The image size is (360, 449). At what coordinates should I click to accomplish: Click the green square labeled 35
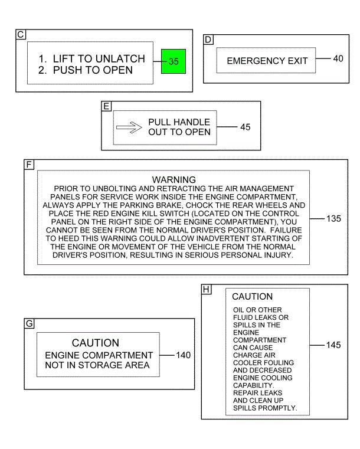click(x=173, y=61)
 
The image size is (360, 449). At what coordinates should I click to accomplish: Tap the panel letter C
click(x=21, y=35)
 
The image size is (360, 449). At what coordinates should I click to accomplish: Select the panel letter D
click(x=208, y=40)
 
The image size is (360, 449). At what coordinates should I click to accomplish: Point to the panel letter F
click(x=28, y=165)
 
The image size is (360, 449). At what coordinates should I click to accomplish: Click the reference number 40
click(x=338, y=58)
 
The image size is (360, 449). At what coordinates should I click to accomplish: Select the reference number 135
click(x=333, y=218)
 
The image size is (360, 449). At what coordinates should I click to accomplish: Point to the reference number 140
click(x=184, y=355)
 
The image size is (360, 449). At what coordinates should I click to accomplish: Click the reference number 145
click(x=333, y=345)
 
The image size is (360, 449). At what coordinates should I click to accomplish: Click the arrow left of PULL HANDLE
click(x=130, y=127)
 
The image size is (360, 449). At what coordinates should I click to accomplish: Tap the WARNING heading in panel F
click(x=174, y=179)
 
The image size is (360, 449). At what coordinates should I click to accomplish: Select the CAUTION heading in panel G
click(x=96, y=343)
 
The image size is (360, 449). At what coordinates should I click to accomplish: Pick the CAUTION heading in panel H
click(x=252, y=297)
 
